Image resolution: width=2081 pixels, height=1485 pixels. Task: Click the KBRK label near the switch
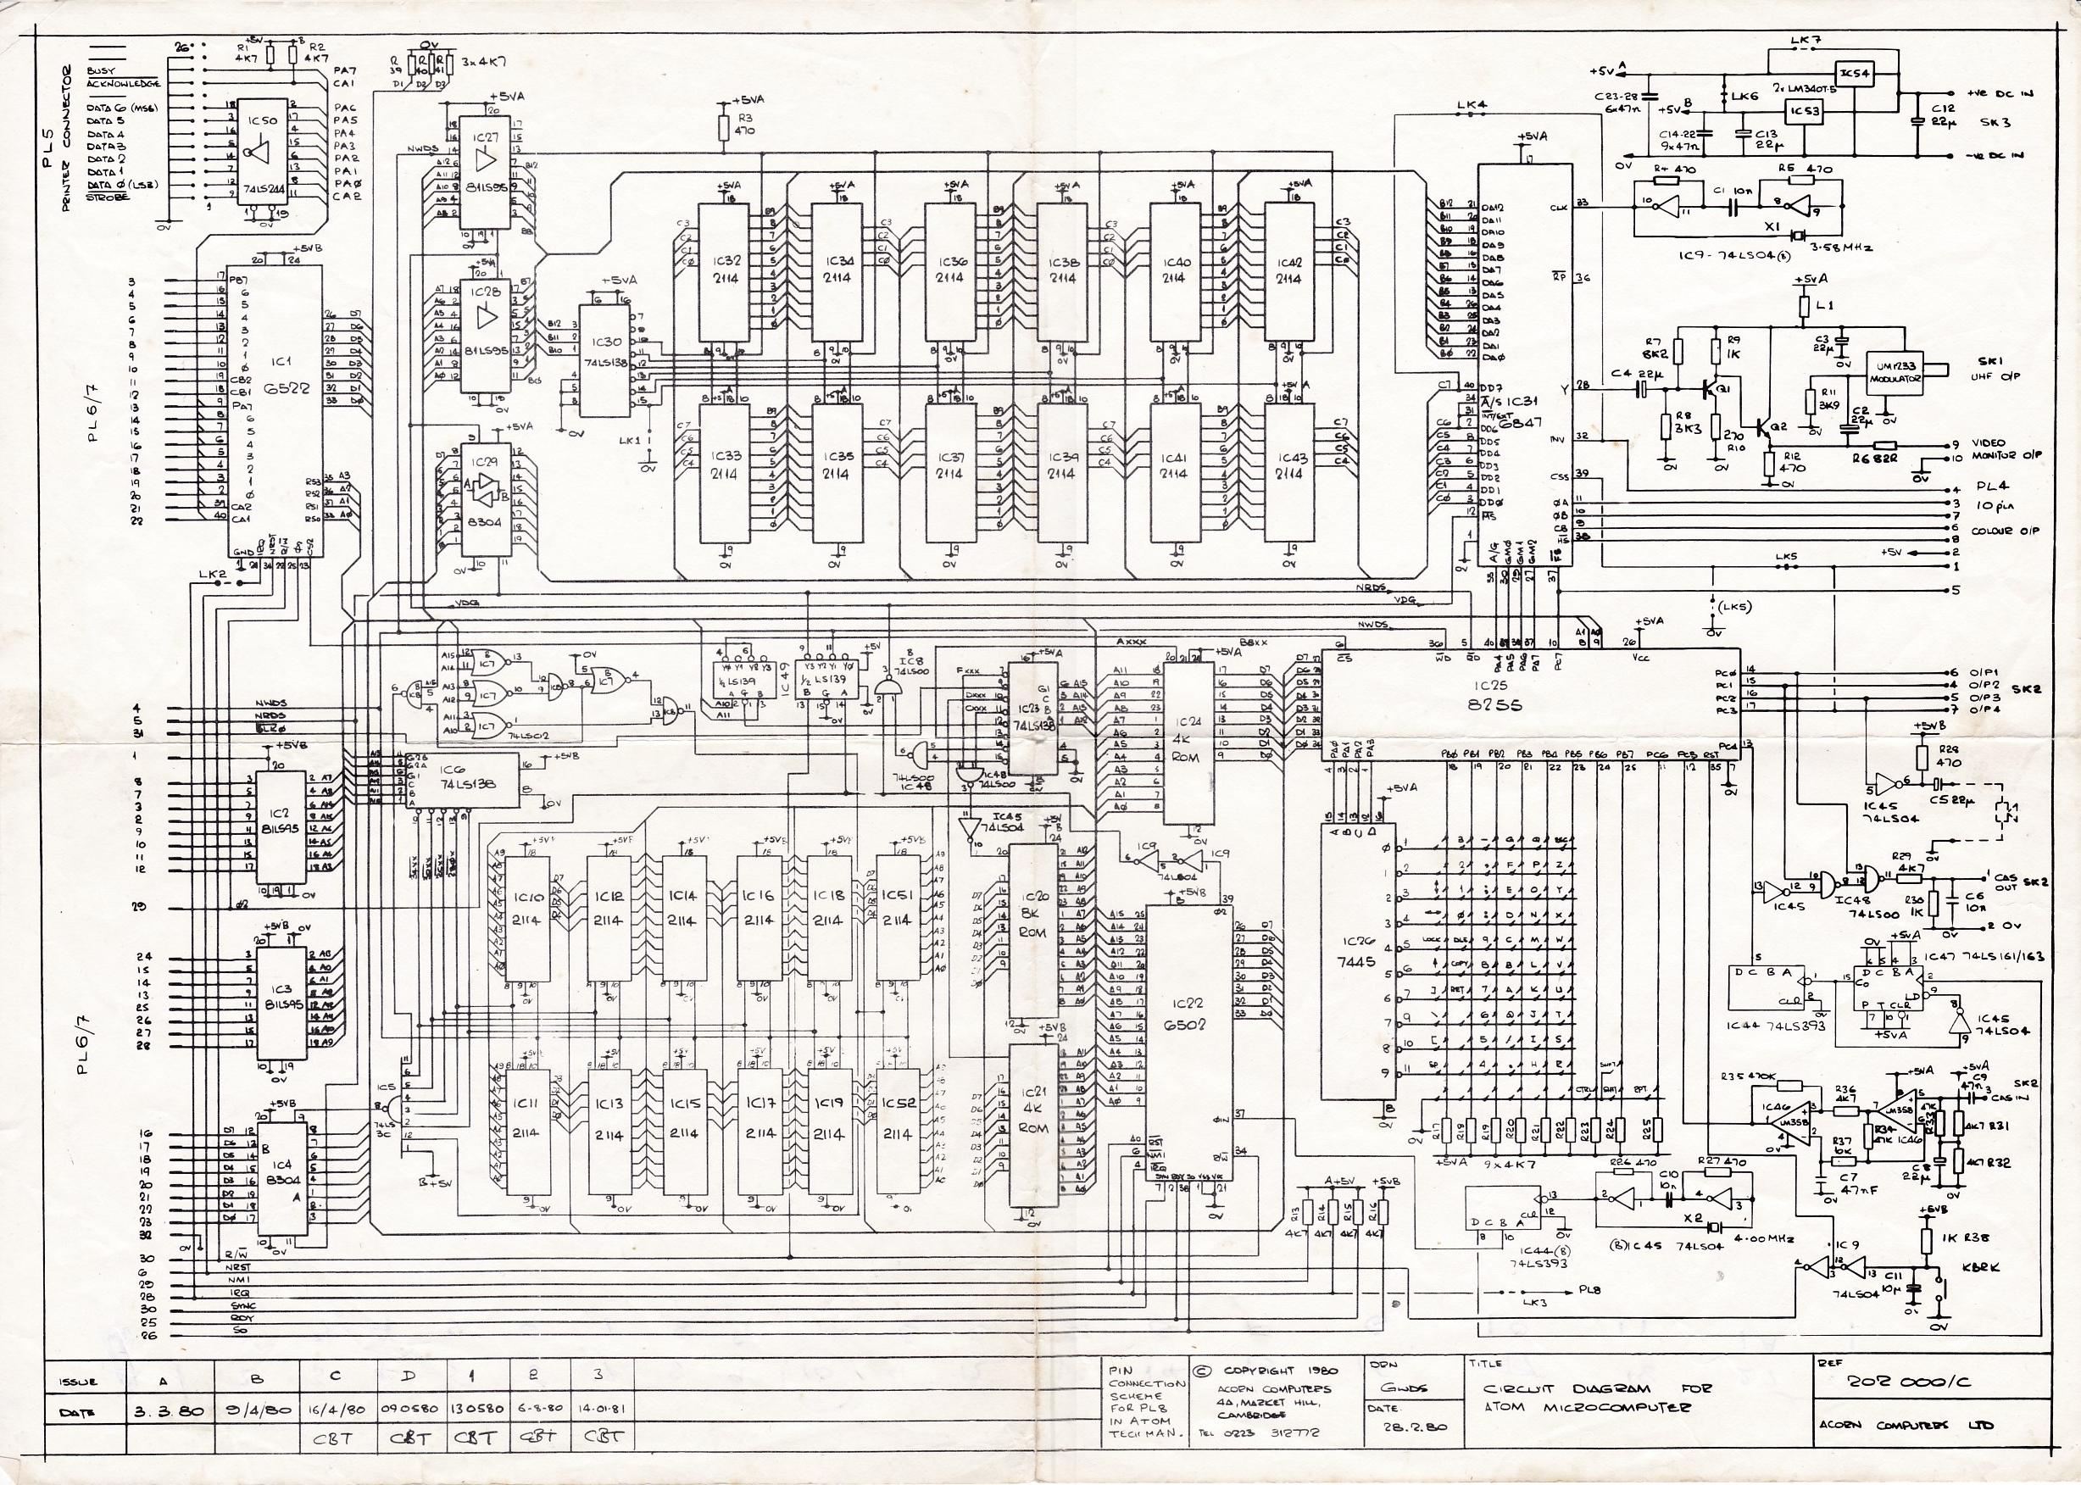coord(1979,1267)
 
